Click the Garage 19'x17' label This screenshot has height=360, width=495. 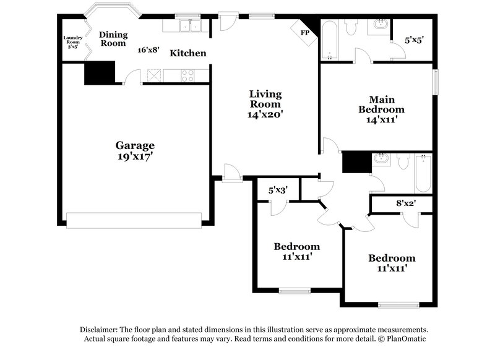[x=134, y=151]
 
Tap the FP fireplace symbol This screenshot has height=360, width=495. [x=304, y=33]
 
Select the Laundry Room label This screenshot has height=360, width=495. [x=72, y=41]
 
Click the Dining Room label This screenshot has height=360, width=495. [x=113, y=39]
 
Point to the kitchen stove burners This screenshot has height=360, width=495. [x=187, y=76]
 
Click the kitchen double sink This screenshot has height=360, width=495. [x=187, y=26]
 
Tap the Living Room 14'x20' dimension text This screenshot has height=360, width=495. [x=265, y=114]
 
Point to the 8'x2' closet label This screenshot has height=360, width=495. [x=406, y=203]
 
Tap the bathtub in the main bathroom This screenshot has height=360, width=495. [x=329, y=40]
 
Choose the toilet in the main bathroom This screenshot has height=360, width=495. [x=351, y=27]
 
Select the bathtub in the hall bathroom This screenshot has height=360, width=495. [x=423, y=173]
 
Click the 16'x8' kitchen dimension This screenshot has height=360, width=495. [x=148, y=50]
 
